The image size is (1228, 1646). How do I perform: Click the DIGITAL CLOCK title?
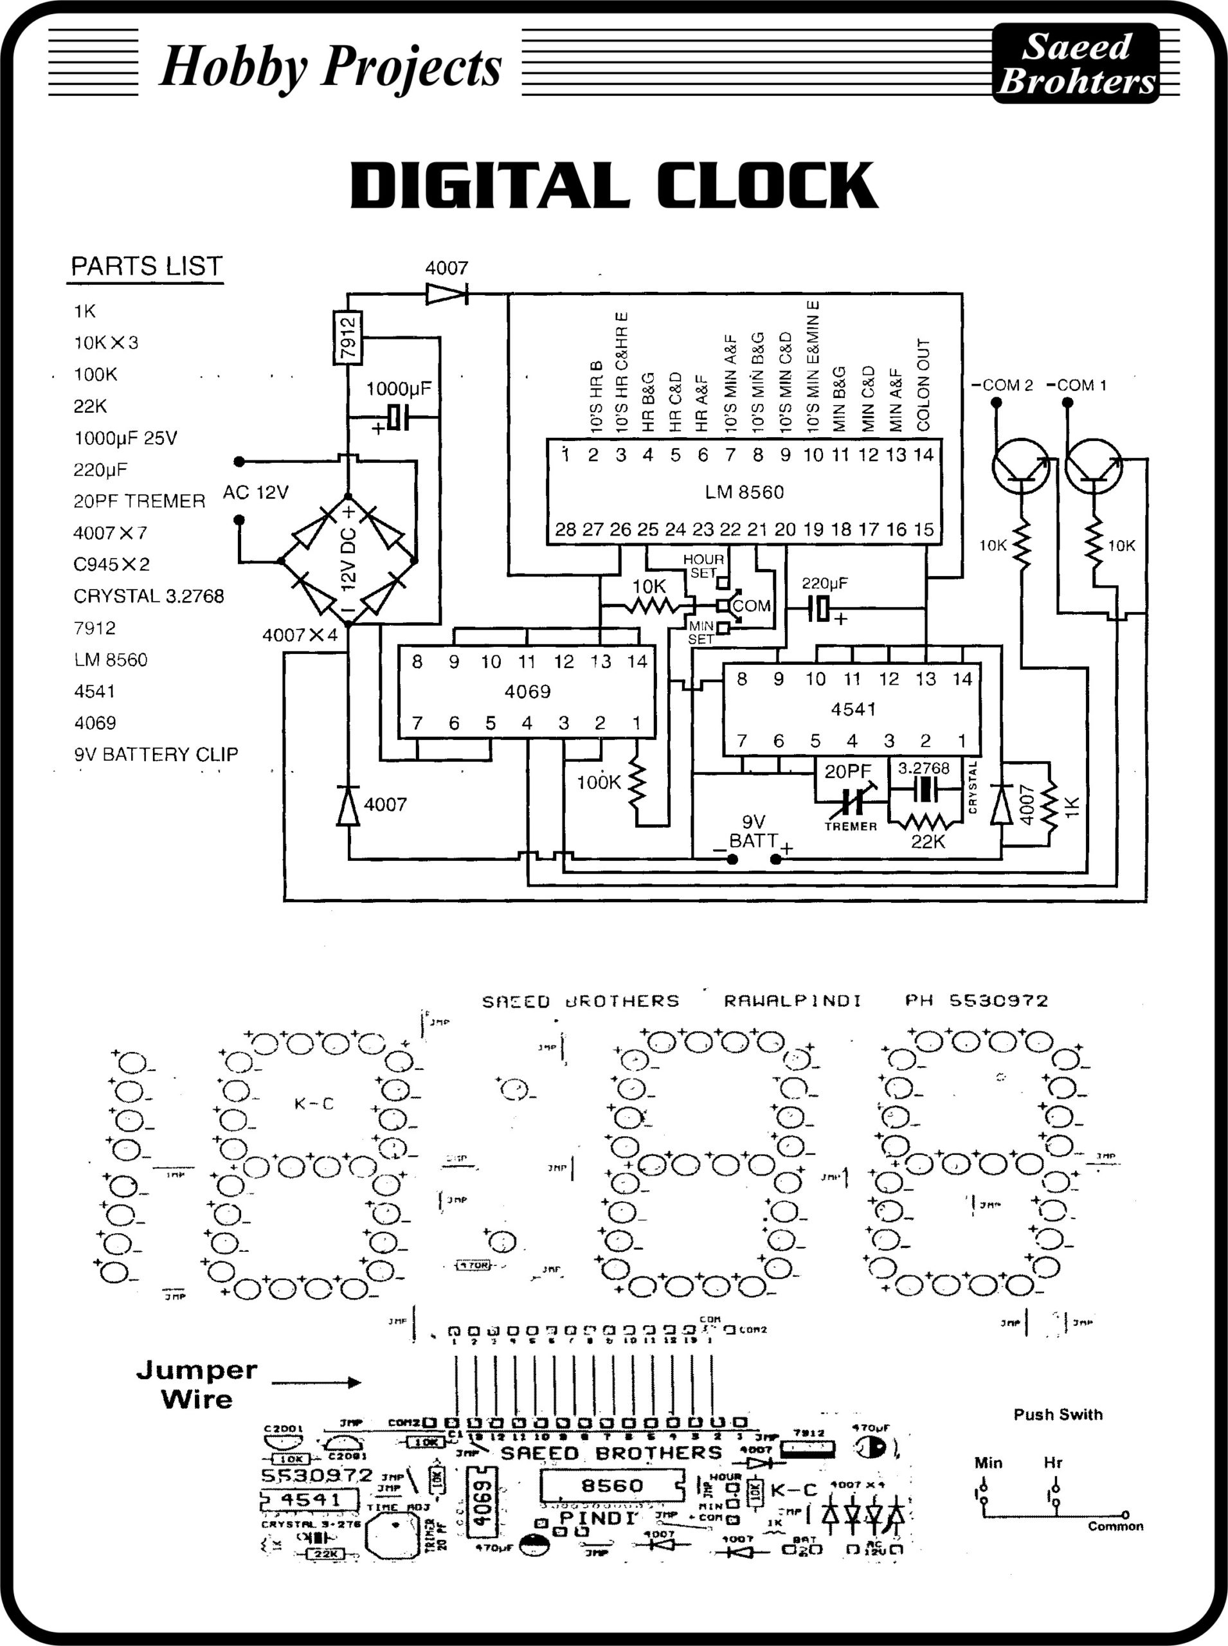pos(614,185)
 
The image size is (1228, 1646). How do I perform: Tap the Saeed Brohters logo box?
pos(1076,64)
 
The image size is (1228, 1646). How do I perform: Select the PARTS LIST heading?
pos(147,266)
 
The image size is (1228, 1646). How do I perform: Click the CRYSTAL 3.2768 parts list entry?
pos(149,596)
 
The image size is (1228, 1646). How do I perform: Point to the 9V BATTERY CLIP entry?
pos(156,755)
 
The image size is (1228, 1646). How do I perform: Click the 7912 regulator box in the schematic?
pos(347,338)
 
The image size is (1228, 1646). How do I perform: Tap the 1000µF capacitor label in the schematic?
pos(399,389)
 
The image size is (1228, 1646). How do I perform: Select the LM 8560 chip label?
pos(744,492)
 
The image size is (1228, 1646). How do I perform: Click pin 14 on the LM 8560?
pos(923,455)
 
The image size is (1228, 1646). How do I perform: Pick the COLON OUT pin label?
pos(923,384)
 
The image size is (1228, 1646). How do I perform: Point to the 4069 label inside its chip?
pos(527,692)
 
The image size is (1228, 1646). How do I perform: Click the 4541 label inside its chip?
pos(853,709)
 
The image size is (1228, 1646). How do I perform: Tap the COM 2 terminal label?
pos(1003,385)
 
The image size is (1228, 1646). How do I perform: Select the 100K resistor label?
pos(599,782)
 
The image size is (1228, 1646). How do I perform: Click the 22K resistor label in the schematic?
pos(928,842)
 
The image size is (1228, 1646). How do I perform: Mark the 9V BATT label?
pos(753,832)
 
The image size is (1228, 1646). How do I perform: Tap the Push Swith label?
pos(1058,1415)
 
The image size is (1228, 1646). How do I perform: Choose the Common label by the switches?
pos(1115,1526)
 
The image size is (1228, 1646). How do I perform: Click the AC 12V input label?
pos(255,492)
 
